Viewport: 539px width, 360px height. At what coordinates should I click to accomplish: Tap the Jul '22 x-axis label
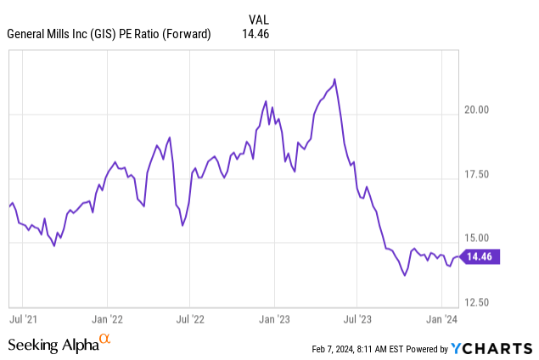coord(190,320)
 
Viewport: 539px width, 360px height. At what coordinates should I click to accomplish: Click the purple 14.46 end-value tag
coord(481,256)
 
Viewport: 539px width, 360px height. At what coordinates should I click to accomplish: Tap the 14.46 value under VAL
coord(257,35)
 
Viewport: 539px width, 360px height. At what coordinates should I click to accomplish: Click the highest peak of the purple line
coord(334,79)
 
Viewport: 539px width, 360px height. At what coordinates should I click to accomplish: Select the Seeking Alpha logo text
coord(53,345)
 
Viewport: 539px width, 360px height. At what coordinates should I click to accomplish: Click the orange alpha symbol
coord(105,340)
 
